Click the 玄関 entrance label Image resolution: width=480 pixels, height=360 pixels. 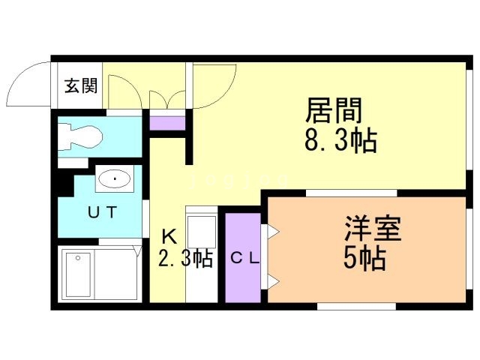tap(80, 86)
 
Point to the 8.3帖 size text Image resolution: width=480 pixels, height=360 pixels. tap(340, 140)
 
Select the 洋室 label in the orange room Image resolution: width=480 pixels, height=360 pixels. tap(373, 228)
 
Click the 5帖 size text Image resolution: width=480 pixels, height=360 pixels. tap(364, 258)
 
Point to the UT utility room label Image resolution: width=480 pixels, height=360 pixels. tap(103, 212)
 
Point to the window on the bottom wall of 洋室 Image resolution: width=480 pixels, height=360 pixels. tap(367, 306)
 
